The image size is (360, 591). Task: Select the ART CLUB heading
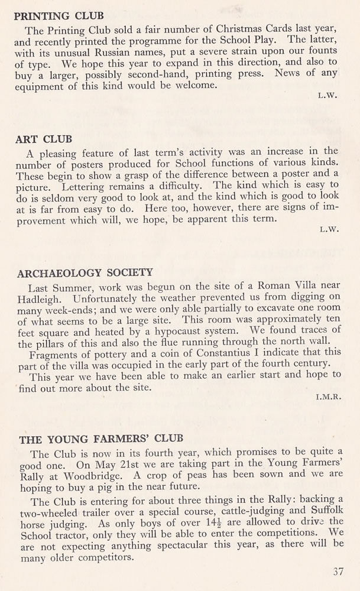coord(44,139)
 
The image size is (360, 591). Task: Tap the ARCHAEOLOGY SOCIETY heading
coord(86,273)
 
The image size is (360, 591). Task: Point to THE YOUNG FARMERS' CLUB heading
coord(101,439)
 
